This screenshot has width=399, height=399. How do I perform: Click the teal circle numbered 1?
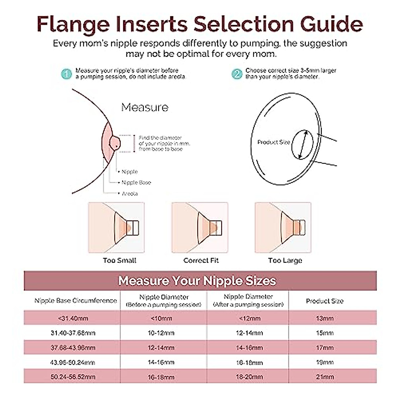(x=66, y=74)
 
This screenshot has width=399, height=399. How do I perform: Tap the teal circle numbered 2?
(x=237, y=74)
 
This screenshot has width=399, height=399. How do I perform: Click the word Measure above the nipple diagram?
(x=145, y=107)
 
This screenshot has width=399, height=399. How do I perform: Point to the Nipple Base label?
(x=136, y=183)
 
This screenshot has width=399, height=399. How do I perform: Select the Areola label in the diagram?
(x=129, y=194)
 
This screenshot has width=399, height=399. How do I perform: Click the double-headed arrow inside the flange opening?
(x=303, y=145)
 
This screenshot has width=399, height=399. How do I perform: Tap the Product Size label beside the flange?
(x=274, y=142)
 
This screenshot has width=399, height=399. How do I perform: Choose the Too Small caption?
(x=119, y=260)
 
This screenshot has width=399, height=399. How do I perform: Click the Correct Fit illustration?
(x=200, y=228)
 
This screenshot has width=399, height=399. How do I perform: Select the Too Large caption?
(x=285, y=260)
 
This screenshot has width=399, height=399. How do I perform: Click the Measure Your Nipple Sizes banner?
(x=197, y=281)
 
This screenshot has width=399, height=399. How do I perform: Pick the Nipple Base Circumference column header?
(x=75, y=301)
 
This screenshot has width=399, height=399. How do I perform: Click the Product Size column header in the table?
(x=325, y=301)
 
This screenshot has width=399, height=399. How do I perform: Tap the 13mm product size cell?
(x=325, y=319)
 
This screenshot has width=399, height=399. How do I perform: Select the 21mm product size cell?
(x=325, y=377)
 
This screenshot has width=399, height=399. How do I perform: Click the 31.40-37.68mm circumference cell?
(x=73, y=333)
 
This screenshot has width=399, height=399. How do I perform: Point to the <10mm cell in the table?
(x=161, y=319)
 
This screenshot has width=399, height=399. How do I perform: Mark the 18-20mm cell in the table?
(x=249, y=377)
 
